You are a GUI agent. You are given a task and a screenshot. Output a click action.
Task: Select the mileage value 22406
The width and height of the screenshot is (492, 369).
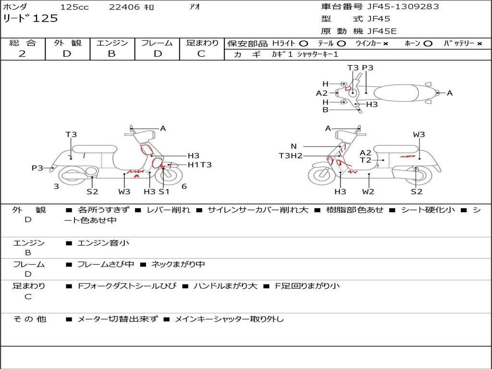(124, 7)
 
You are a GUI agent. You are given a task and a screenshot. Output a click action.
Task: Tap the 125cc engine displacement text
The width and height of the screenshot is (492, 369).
(73, 7)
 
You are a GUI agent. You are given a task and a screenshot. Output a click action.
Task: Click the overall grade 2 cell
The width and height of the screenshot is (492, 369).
(22, 54)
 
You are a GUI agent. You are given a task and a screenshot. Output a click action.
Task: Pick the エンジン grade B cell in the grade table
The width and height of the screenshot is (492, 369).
(111, 54)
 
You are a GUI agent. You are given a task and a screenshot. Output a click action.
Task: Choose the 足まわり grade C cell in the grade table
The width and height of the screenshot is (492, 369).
(201, 54)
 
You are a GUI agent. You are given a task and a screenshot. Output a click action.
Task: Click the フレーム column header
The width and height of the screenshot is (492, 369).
(157, 43)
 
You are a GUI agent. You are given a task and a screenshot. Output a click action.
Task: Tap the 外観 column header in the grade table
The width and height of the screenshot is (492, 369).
(67, 43)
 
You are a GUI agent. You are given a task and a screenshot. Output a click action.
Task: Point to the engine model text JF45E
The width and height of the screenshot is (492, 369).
(382, 32)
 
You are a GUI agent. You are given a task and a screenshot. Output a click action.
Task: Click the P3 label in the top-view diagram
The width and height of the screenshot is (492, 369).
(368, 68)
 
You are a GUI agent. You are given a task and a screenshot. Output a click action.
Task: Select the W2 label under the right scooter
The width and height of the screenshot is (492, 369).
(369, 192)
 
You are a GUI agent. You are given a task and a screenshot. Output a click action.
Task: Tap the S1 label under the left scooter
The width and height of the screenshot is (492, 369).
(164, 192)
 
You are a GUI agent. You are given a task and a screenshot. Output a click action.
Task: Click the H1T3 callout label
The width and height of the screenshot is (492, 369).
(199, 165)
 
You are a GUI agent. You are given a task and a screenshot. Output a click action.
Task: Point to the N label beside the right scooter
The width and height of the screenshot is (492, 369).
(294, 147)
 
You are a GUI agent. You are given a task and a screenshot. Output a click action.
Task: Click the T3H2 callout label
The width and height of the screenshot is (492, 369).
(291, 156)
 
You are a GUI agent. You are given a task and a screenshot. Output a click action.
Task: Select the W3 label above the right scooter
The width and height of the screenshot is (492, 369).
(419, 135)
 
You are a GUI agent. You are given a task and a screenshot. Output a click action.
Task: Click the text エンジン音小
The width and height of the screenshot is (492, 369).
(103, 243)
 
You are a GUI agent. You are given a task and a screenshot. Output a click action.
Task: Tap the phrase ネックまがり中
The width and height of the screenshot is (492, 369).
(178, 264)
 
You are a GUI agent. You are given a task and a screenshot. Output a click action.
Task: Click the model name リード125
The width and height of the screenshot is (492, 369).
(30, 19)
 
